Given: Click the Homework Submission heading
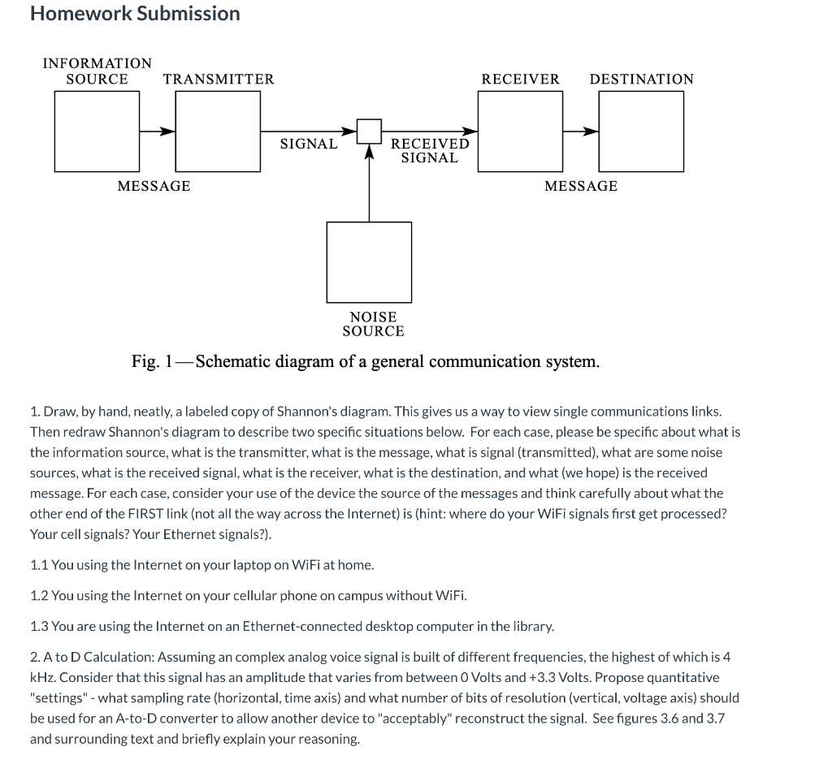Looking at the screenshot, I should (x=135, y=14).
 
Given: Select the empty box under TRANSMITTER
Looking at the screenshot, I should (x=218, y=131).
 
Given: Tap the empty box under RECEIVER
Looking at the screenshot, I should (x=520, y=131).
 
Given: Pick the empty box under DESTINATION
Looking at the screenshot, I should (x=641, y=131).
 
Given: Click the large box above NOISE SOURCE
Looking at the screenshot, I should (x=369, y=262).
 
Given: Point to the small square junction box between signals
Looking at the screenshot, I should (x=370, y=131).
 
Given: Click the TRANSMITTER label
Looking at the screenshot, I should (x=219, y=79).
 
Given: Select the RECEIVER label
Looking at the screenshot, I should (x=520, y=79).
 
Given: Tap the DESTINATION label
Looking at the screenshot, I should (x=641, y=79).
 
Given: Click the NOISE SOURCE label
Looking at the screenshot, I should (x=373, y=324).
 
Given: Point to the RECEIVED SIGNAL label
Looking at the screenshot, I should (x=430, y=150).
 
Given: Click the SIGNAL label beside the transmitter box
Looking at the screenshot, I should (x=308, y=144).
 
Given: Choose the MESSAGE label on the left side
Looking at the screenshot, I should (x=154, y=186).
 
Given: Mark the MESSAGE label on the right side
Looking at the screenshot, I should (x=580, y=186).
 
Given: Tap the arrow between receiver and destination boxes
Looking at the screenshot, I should (x=581, y=131).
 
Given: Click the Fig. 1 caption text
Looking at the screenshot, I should (x=366, y=361).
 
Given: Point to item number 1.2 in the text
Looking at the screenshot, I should (x=40, y=595).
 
